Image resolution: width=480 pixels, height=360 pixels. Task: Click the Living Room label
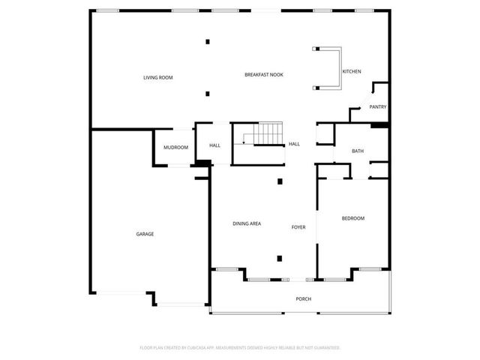(158, 77)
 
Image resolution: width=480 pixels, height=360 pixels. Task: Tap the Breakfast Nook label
(263, 74)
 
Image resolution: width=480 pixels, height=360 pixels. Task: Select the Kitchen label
(352, 71)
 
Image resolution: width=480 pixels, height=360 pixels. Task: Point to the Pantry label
(377, 107)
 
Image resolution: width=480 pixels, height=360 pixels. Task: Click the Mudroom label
(175, 147)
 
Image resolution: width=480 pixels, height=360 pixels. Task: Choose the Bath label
(358, 151)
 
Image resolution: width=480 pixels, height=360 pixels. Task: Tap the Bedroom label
(352, 218)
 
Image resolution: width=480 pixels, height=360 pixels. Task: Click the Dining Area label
(246, 223)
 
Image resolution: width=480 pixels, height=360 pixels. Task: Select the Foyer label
(298, 226)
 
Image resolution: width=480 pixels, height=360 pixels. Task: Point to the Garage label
(145, 234)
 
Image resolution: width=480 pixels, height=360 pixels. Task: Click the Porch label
(303, 299)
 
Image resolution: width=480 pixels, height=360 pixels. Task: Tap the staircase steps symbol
(267, 135)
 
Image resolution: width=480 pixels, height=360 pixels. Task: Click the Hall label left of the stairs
(214, 145)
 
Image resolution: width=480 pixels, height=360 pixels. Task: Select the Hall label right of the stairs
(294, 144)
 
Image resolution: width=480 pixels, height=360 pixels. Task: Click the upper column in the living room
(208, 42)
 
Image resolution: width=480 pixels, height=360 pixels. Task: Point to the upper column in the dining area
(280, 181)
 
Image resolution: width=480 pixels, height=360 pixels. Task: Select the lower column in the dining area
(280, 259)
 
